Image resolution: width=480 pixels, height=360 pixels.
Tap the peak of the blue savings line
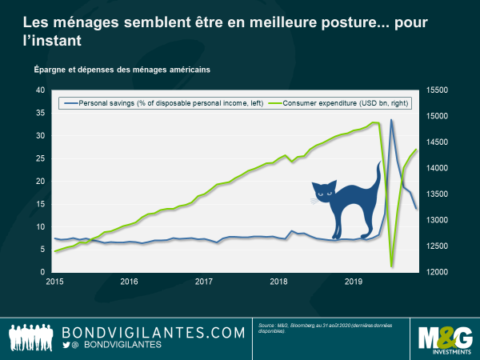coord(391,120)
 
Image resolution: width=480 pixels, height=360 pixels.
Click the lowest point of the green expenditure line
coord(391,266)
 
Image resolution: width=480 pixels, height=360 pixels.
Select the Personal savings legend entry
coord(161,102)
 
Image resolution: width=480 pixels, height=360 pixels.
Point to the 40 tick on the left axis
coord(40,90)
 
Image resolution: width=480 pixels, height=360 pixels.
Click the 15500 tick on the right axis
coord(438,90)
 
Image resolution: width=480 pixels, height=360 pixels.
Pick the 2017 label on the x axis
coord(203,282)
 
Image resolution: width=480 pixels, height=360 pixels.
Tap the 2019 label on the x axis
coord(353,282)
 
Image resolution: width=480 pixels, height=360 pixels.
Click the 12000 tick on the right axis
coord(438,272)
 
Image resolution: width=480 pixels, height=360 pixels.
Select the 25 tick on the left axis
coord(40,158)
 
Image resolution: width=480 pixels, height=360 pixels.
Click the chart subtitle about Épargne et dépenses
coord(122,70)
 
